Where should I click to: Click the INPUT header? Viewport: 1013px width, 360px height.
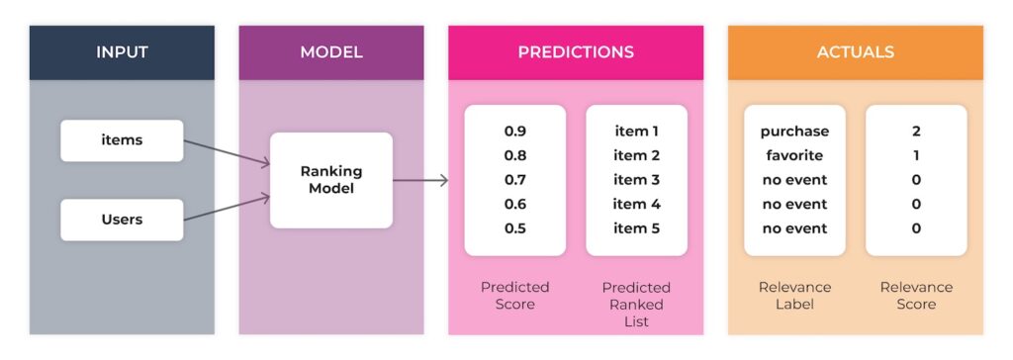pos(122,51)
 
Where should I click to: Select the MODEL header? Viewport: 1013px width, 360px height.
pos(330,51)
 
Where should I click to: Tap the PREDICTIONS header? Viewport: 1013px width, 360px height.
pos(576,51)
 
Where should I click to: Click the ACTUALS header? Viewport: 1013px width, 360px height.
pos(856,51)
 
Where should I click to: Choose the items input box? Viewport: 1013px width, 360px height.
pos(122,140)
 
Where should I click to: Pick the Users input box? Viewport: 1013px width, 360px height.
pos(122,220)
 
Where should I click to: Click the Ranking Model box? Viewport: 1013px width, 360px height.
pos(331,180)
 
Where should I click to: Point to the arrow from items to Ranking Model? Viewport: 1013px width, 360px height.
pos(227,152)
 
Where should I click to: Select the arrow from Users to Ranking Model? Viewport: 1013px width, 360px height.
pos(227,210)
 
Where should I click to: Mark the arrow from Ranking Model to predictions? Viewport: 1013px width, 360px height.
pos(420,180)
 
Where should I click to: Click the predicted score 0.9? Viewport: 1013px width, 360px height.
pos(515,132)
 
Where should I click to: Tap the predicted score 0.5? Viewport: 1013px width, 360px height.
pos(515,228)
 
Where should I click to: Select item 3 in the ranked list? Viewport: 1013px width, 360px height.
pos(636,180)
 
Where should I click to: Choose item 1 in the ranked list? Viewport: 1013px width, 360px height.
pos(636,132)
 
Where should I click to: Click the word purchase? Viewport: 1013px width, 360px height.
pos(794,132)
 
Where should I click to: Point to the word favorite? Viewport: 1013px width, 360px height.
pos(794,155)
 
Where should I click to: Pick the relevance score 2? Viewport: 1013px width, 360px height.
pos(916,132)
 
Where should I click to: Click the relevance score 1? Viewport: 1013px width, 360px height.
pos(916,155)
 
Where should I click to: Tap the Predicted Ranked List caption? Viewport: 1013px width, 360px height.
pos(636,304)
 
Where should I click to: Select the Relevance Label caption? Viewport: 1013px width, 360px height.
pos(794,296)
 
